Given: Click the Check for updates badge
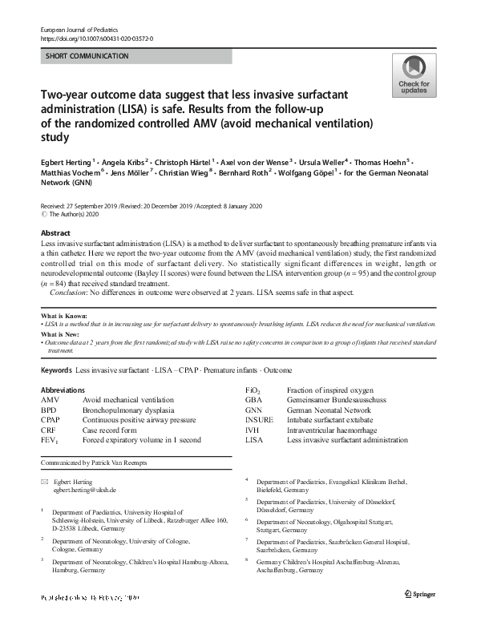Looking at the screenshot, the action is click(414, 76).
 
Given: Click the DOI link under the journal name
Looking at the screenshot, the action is click(96, 38).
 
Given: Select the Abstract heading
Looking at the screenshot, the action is click(55, 232).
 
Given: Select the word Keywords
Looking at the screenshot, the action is click(55, 370).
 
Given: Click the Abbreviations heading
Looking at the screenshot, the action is click(63, 390).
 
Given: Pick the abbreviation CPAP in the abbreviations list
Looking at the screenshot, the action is click(51, 419).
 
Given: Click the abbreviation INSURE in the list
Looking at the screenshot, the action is click(258, 419).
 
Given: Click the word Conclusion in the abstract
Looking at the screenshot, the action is click(68, 292).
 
